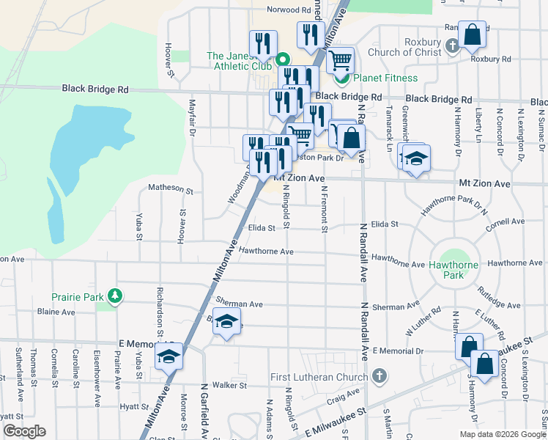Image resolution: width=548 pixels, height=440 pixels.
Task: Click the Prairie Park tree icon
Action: [x=115, y=296]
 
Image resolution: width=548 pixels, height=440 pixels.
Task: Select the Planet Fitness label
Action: [x=385, y=78]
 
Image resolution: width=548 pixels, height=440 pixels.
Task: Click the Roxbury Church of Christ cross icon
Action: [x=452, y=47]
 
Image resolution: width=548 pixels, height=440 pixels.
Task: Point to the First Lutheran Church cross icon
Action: [x=379, y=377]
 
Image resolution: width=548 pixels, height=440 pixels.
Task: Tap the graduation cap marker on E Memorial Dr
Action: [x=169, y=357]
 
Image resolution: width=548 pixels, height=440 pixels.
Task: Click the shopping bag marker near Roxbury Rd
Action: [x=472, y=34]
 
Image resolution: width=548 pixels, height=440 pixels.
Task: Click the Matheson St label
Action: [x=170, y=189]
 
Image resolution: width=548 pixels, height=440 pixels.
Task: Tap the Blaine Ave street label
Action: [x=56, y=312]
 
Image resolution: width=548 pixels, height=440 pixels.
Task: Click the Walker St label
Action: [x=229, y=385]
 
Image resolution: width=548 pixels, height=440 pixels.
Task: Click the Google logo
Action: [x=24, y=431]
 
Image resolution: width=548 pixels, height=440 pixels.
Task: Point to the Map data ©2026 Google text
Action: [x=502, y=434]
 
